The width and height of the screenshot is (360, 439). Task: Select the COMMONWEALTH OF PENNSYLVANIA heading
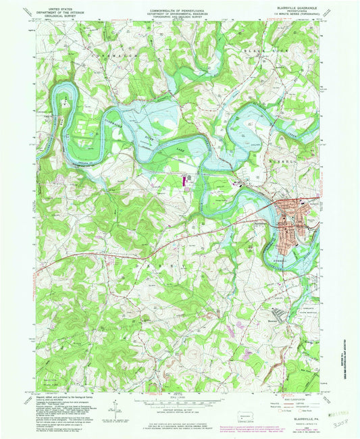(x=180, y=5)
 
